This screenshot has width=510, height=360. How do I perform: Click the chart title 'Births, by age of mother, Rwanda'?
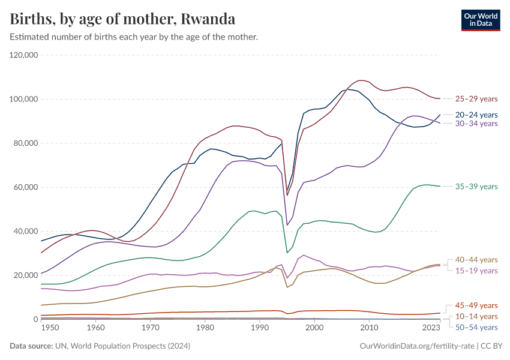click(x=122, y=19)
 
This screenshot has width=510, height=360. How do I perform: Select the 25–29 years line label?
click(x=476, y=99)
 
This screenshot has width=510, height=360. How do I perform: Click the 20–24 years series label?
click(x=476, y=115)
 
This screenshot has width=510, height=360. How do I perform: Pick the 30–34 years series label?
click(x=476, y=124)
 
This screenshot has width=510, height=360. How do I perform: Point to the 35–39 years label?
click(x=476, y=187)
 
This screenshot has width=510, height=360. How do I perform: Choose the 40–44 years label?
click(x=476, y=260)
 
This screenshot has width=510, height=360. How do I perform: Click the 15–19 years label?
click(x=476, y=271)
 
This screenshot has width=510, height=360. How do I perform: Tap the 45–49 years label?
click(x=476, y=305)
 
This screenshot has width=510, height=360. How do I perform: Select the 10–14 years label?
click(x=476, y=316)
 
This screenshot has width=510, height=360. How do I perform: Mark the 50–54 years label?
click(x=476, y=327)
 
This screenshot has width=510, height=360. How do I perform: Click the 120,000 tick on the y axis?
click(x=24, y=55)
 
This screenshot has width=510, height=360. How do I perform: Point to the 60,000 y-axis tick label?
click(x=26, y=187)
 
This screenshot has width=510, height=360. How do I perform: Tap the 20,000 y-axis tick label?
click(x=26, y=275)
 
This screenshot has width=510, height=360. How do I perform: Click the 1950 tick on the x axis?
click(x=50, y=328)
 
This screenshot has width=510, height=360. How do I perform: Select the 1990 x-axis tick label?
click(x=259, y=328)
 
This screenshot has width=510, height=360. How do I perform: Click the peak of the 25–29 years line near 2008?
click(x=360, y=80)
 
